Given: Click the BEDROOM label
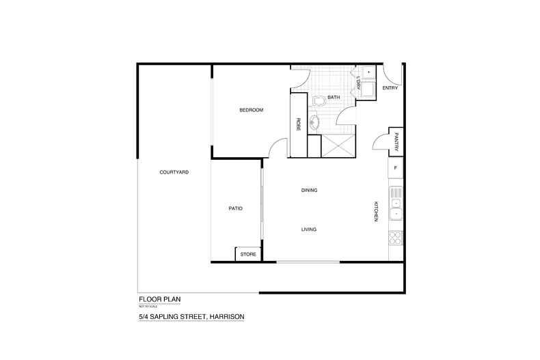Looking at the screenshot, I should coord(251,110).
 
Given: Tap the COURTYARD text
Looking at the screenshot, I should coord(174,172).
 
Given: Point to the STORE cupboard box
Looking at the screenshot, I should coord(248,254).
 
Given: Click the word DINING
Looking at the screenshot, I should coord(309,190).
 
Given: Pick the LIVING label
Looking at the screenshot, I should coord(309,229).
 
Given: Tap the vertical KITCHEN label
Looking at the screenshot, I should coord(375,210).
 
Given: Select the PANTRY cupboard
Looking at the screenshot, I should coord(396,143).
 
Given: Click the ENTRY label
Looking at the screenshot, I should coord(390,87).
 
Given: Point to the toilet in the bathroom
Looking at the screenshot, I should coord(318,102).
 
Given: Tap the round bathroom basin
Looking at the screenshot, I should coord(314,124).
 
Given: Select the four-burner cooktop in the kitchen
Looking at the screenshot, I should coord(395,239).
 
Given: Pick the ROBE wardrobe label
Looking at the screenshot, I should coord(299,124).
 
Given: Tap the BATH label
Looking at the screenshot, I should coord(334,98).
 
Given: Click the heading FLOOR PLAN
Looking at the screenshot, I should coord(159,299).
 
